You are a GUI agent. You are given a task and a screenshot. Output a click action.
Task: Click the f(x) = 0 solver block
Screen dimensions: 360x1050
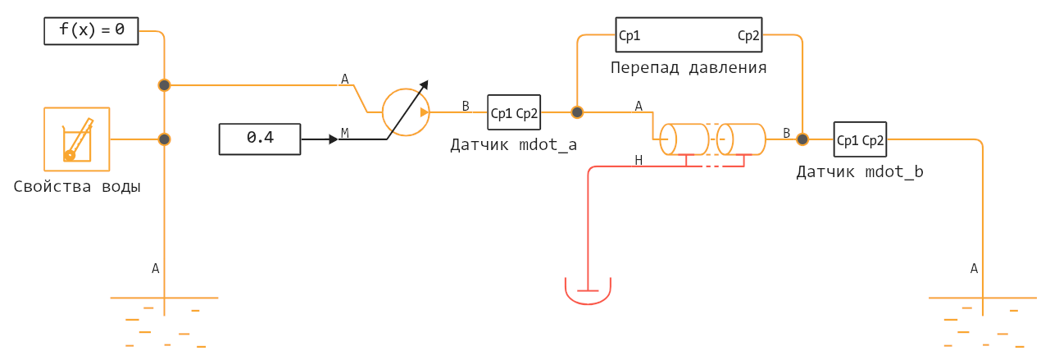point(91,31)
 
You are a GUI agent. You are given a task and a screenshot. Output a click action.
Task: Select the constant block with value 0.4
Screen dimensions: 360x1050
point(260,138)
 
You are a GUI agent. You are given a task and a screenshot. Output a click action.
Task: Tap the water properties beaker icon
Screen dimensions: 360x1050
point(77,139)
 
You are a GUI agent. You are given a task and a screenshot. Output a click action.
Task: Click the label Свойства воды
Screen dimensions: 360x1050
point(77,187)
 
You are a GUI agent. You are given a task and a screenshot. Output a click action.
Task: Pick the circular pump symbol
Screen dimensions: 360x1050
point(406,112)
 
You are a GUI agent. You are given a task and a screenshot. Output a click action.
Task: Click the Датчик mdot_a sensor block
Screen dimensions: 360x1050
point(514,113)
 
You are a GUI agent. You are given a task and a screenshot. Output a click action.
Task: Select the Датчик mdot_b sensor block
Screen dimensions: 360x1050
point(860,139)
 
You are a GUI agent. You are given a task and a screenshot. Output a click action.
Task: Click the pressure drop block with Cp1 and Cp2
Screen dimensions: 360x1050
point(689,36)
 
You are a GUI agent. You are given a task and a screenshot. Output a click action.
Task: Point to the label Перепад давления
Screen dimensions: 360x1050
point(689,68)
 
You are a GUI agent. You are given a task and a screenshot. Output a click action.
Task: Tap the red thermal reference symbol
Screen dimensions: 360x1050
point(588,291)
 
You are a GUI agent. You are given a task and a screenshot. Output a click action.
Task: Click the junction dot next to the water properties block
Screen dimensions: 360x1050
point(165,139)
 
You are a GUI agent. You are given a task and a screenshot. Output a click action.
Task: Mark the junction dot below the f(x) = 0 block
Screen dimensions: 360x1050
point(165,85)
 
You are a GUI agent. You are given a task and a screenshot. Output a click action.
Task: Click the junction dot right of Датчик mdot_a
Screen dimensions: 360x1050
point(577,112)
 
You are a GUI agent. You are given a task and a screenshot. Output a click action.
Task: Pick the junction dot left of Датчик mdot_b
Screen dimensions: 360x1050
point(802,139)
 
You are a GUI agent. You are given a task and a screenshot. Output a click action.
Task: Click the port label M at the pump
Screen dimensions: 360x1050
point(344,133)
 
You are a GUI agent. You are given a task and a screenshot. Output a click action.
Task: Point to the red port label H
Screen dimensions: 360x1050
point(639,160)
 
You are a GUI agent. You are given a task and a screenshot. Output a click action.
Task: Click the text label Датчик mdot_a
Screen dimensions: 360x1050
point(513,146)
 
